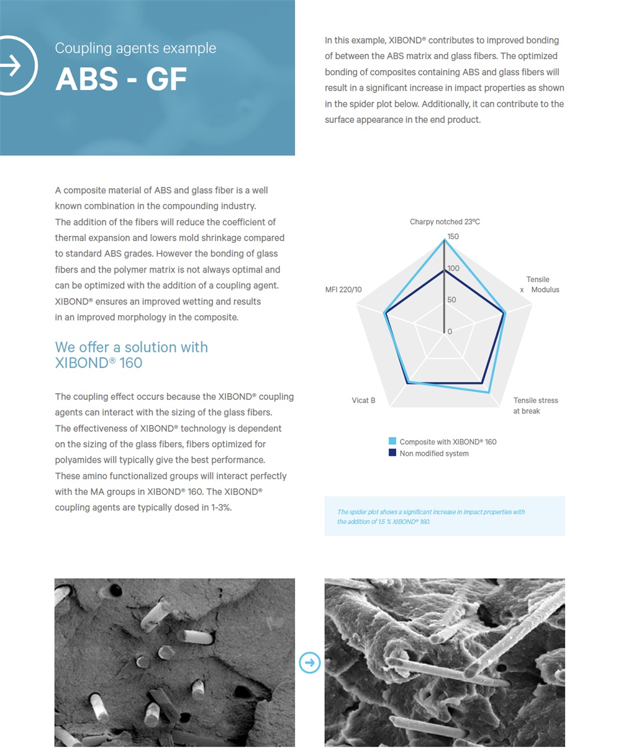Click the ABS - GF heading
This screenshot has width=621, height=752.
pos(121,79)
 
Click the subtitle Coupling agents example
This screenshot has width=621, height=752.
pos(135,48)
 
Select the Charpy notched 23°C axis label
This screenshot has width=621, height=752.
pos(445,222)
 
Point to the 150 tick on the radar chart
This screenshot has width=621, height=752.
pos(453,237)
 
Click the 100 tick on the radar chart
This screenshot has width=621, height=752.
pos(453,268)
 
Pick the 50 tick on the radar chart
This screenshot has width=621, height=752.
pos(451,299)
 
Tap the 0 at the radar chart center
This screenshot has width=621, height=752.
pos(450,332)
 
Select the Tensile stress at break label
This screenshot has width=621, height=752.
pos(535,405)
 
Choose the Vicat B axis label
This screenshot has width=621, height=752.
pos(363,401)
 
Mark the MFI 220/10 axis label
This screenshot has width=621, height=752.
pos(343,290)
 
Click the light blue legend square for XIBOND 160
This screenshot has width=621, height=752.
pos(392,442)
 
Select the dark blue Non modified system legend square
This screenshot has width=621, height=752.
pos(392,453)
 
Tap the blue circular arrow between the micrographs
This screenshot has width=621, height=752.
pos(310,663)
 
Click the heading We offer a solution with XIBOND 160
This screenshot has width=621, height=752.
pos(131,355)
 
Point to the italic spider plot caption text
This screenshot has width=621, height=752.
pos(430,517)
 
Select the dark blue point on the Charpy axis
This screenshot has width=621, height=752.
pos(444,270)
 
